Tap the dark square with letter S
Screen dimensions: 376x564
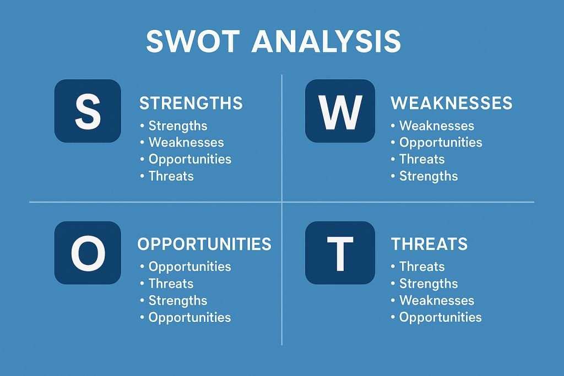click(88, 111)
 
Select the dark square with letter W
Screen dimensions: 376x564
click(340, 111)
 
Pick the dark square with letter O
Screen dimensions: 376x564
click(88, 253)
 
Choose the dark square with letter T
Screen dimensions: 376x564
click(340, 253)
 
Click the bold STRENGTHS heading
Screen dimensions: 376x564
click(191, 103)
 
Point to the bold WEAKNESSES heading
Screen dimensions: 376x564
click(451, 103)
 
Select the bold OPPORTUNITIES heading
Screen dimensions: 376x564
click(204, 244)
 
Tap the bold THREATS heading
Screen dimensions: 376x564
click(429, 244)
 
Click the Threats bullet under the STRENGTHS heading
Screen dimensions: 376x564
click(171, 176)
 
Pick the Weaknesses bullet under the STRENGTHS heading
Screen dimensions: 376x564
click(186, 143)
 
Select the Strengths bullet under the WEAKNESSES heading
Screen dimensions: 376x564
click(429, 176)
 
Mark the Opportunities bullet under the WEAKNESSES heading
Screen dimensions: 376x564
click(441, 143)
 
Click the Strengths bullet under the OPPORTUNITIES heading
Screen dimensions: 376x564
click(177, 301)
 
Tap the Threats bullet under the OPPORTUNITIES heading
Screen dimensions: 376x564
click(171, 284)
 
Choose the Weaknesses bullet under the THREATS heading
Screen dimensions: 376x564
click(436, 301)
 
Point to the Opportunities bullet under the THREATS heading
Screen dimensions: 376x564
click(440, 318)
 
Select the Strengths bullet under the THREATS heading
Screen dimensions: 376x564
click(429, 284)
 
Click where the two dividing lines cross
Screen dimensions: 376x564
click(281, 202)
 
